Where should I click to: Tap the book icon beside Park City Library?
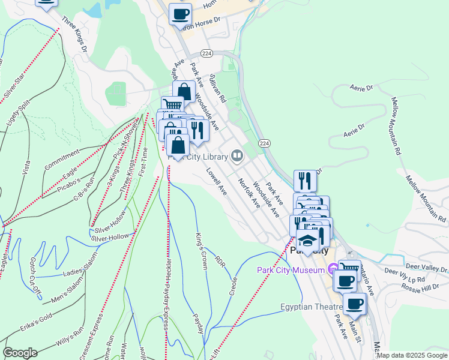(x=238, y=157)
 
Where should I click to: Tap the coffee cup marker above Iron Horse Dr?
(x=180, y=14)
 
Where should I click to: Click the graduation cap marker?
(x=308, y=241)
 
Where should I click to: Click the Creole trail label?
(x=234, y=286)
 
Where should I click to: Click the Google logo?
(x=20, y=352)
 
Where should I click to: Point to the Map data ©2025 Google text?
(x=411, y=355)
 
